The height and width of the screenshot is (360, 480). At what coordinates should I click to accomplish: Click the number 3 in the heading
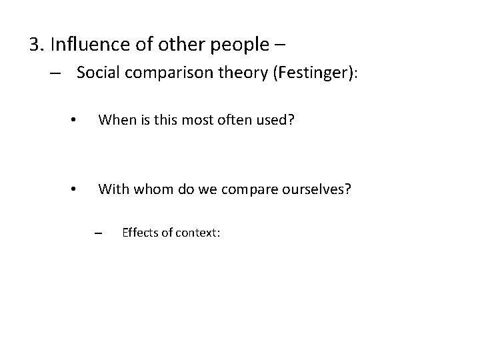click(35, 45)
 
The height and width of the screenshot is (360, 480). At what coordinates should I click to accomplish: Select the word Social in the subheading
click(98, 73)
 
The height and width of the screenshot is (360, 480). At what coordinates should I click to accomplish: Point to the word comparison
click(169, 73)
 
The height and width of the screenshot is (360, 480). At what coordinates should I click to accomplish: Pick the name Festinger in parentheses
click(312, 73)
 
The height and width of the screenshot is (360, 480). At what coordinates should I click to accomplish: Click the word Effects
click(141, 233)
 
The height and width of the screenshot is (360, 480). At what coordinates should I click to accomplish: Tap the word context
click(195, 233)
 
